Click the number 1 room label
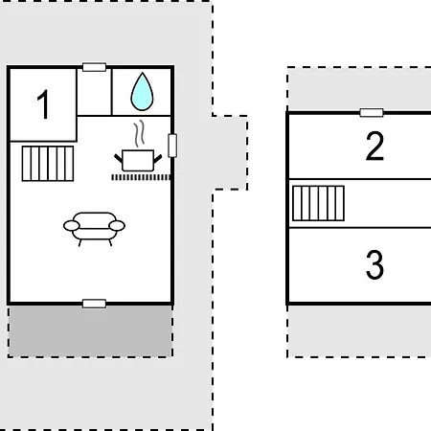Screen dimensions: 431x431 pos(43,104)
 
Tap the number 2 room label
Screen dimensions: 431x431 pos(374,146)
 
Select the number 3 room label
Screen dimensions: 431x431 pos(374,264)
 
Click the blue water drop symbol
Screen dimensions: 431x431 pos(142,92)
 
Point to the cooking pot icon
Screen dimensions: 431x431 pos(138,161)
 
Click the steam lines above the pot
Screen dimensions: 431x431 pos(139,134)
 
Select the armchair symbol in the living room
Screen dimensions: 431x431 pos(94,229)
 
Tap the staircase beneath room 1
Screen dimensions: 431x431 pos(48,164)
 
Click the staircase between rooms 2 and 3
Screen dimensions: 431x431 pos(318,203)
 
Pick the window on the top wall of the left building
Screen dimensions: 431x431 pos(94,67)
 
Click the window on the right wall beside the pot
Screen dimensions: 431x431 pos(172,146)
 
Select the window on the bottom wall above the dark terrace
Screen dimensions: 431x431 pos(94,304)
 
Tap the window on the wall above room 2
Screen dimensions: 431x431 pos(372,113)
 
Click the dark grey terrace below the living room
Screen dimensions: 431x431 pos(90,331)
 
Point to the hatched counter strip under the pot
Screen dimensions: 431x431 pos(141,177)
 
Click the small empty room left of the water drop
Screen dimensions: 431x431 pos(94,92)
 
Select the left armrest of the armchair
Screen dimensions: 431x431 pos(72,226)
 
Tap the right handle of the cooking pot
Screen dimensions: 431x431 pos(158,158)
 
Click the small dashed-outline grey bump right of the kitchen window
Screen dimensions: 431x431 pos(230,152)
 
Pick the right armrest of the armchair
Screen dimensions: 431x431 pos(117,226)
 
